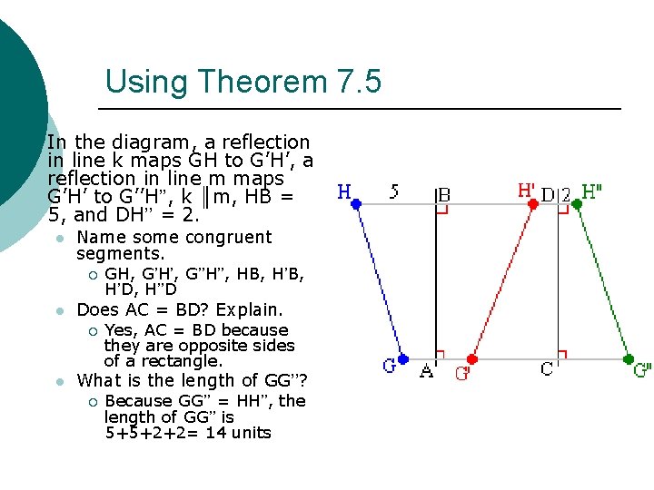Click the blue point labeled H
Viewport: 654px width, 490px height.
[x=356, y=204]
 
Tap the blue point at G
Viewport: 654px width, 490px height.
[x=403, y=359]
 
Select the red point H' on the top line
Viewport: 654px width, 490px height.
[x=533, y=204]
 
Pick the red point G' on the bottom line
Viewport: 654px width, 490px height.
[x=472, y=359]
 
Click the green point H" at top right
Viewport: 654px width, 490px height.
[x=577, y=204]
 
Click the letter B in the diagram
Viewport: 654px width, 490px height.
[x=444, y=194]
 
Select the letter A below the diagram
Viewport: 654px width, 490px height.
[x=426, y=370]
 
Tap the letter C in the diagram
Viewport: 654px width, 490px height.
[x=548, y=370]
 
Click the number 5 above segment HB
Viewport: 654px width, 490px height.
[x=393, y=192]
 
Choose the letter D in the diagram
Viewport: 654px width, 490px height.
[x=548, y=194]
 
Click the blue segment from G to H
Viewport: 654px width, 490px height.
[x=380, y=281]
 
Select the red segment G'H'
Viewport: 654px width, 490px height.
[x=502, y=281]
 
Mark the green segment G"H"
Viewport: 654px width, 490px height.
[x=602, y=281]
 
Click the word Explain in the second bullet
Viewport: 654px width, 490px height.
[x=250, y=309]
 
